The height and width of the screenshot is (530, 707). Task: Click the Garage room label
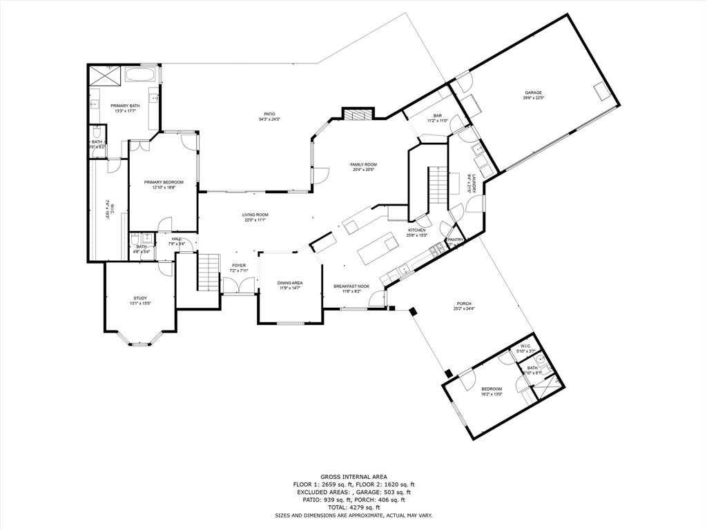point(532,92)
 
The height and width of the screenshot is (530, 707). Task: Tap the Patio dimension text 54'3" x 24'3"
point(269,119)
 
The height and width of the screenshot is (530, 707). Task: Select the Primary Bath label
point(125,106)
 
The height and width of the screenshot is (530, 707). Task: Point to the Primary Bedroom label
point(164,182)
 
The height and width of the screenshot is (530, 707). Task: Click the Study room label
point(140,298)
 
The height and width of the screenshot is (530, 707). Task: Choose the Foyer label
point(239,265)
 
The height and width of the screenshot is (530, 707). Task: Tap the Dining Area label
point(290,283)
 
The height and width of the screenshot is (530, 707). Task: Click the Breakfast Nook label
point(351,286)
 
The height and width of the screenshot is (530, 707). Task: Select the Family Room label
point(363,164)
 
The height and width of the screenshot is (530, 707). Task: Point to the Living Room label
point(254,215)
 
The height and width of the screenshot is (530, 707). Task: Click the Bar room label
point(437,116)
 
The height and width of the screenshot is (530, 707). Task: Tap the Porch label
point(464,304)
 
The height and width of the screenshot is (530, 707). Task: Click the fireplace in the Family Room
point(358,114)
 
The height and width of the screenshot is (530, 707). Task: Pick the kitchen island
point(379,247)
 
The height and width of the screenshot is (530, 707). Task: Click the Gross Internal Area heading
point(353,477)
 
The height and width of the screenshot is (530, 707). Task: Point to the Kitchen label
point(417,230)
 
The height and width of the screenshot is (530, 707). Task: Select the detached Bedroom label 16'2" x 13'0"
point(492,389)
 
